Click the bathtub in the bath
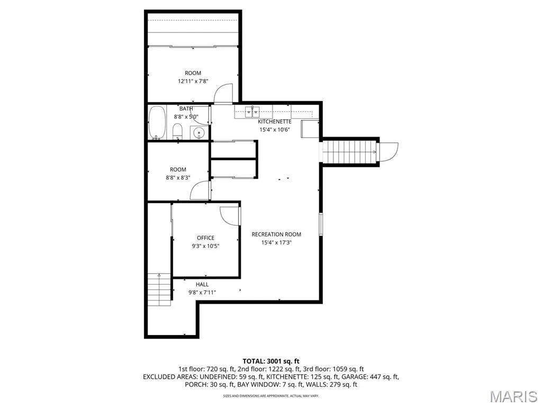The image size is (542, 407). point(157,122)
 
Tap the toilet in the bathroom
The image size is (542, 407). point(177,131)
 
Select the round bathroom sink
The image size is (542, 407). point(200,132)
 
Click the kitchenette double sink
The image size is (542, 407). point(252,112)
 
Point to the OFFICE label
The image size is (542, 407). point(206,238)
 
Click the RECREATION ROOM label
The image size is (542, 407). point(276,234)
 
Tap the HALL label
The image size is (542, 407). point(202,285)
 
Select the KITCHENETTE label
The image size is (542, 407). point(275,122)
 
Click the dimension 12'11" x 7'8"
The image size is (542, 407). point(193,81)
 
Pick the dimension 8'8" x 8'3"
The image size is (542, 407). point(178,178)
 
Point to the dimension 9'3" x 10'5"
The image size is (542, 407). point(206,246)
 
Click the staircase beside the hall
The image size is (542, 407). point(159,289)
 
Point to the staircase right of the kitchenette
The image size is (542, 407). point(349,152)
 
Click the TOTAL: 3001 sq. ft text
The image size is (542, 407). point(271,361)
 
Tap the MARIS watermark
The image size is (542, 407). point(513,396)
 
